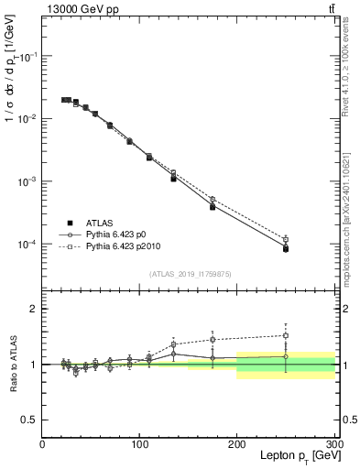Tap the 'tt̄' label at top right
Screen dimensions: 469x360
pos(331,9)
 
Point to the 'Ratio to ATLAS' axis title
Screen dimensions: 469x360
pos(13,365)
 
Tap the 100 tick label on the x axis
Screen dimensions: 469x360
pos(140,444)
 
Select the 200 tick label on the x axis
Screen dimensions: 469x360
pos(237,444)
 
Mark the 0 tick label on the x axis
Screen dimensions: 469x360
pos(43,444)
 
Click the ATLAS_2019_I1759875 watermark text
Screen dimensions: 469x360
pos(190,274)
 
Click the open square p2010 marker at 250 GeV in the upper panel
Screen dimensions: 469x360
pos(286,240)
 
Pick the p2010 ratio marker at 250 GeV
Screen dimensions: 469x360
pos(286,335)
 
